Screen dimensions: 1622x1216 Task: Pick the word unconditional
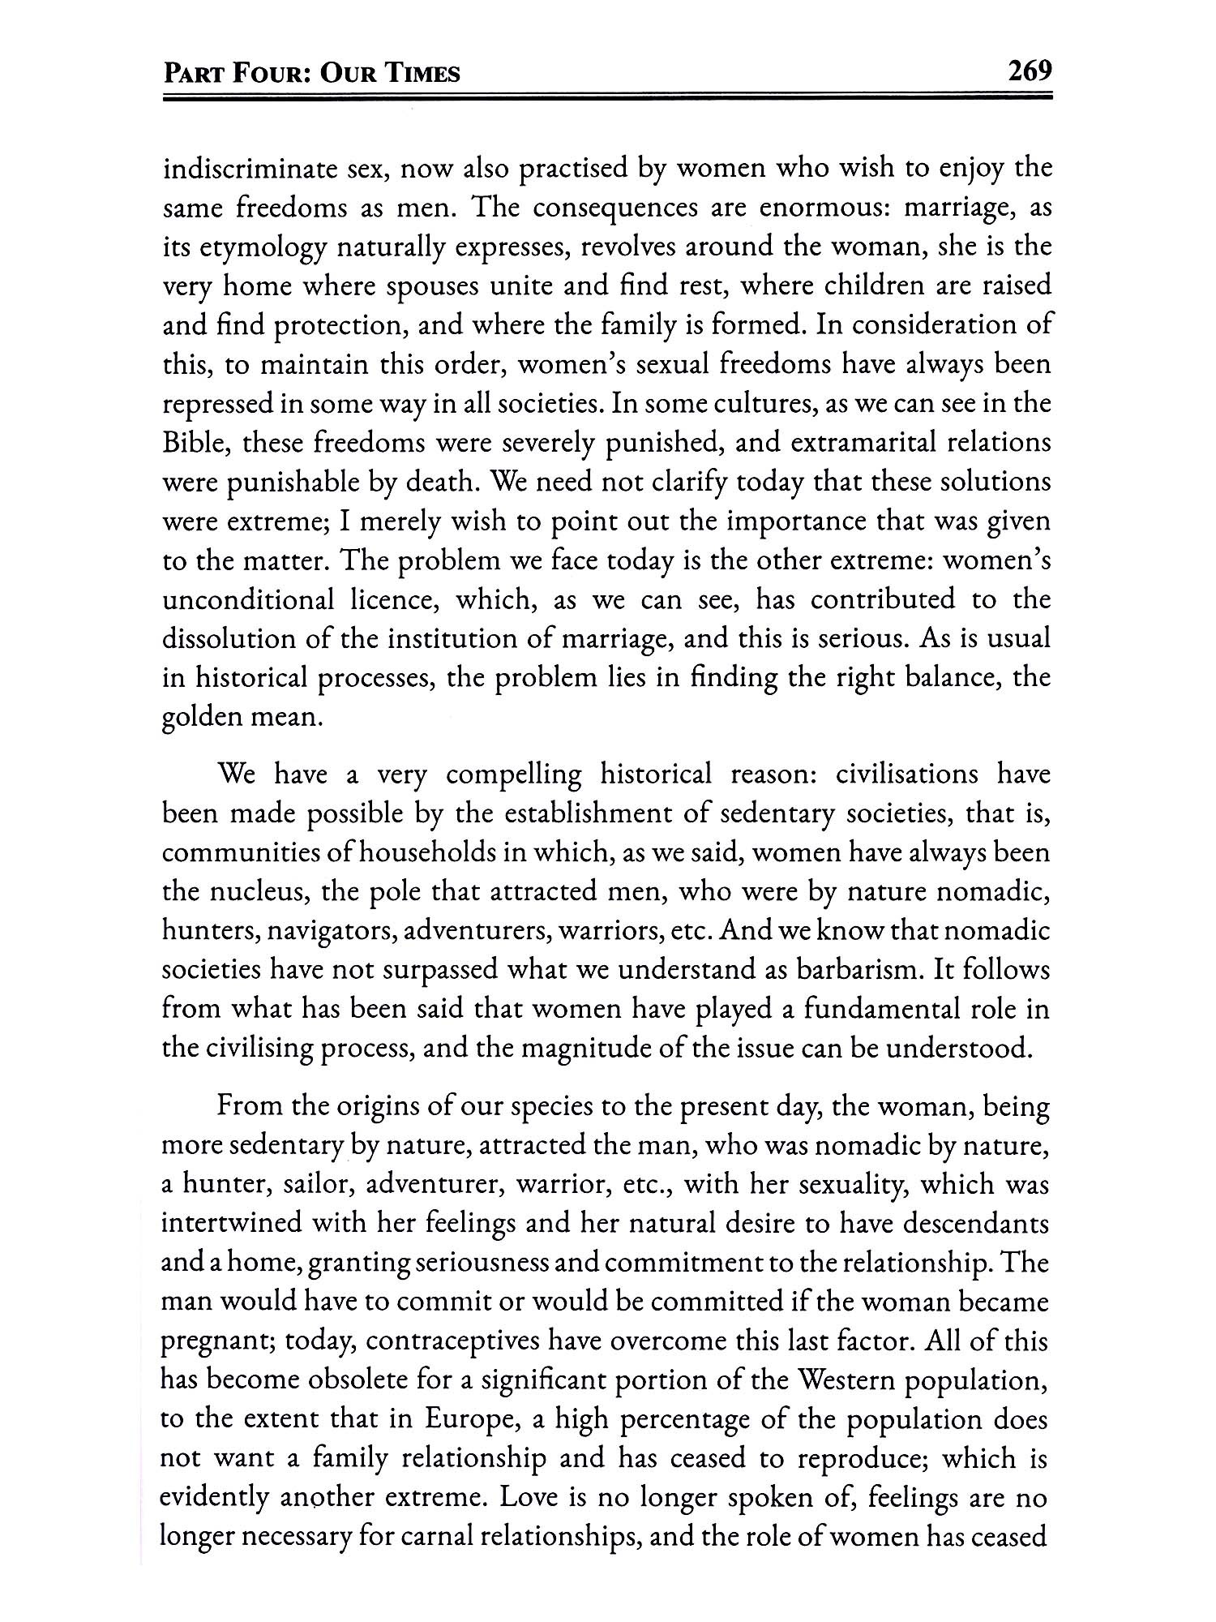[x=248, y=600]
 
